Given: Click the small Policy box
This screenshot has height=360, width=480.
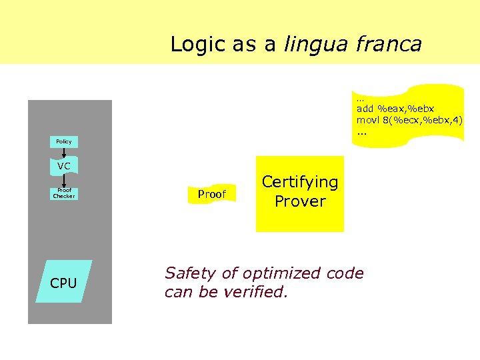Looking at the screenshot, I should [64, 141].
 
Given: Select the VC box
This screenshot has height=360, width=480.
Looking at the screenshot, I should [64, 166].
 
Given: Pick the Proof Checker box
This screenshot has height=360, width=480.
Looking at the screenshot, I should [64, 194].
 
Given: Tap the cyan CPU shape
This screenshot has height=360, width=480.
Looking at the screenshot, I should [63, 283].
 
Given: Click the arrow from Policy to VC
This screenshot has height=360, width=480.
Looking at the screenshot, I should [64, 153].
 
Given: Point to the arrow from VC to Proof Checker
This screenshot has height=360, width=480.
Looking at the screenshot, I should [64, 181].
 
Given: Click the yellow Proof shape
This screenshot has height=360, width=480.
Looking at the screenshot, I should [212, 194].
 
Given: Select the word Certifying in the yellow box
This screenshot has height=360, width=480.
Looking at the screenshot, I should [300, 182].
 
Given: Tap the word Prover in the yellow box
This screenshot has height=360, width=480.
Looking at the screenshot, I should [300, 201].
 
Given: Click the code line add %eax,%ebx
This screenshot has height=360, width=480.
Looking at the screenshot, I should [395, 108].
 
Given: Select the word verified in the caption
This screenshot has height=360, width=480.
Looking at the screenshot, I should [257, 291].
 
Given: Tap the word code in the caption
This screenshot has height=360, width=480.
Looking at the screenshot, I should [345, 273].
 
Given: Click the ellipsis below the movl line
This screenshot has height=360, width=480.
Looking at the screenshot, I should [362, 131].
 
